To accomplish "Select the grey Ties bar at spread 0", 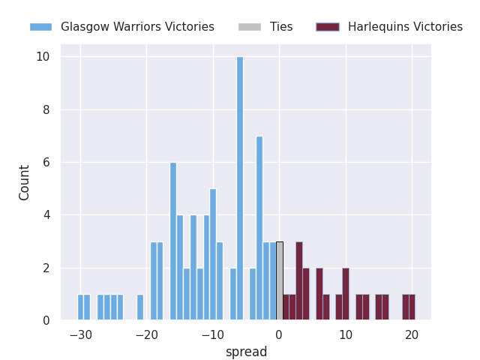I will point(280,281).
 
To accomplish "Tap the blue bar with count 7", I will point(259,229).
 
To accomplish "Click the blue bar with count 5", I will point(213,255).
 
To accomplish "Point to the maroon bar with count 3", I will point(299,281).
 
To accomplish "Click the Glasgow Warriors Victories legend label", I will point(137,27).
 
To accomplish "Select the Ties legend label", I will point(281,27).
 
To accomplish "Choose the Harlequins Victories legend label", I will point(405,27).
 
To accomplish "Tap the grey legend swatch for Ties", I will point(250,27).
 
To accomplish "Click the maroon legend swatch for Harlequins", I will point(328,27).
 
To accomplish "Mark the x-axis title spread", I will point(246,352).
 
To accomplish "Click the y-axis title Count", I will point(25,182).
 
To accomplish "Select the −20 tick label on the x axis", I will point(147,334).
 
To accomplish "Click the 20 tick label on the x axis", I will point(412,334).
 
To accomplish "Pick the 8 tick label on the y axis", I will point(46,110).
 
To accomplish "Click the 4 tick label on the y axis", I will point(46,215).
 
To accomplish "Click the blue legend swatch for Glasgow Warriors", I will point(40,27).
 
